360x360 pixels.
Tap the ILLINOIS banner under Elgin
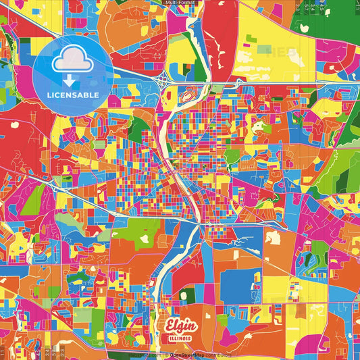[x=180, y=337]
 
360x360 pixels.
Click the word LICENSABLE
[x=73, y=95]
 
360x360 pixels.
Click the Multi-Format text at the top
[x=180, y=3]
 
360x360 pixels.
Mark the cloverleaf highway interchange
[x=165, y=81]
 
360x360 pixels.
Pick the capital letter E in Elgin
[x=169, y=326]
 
